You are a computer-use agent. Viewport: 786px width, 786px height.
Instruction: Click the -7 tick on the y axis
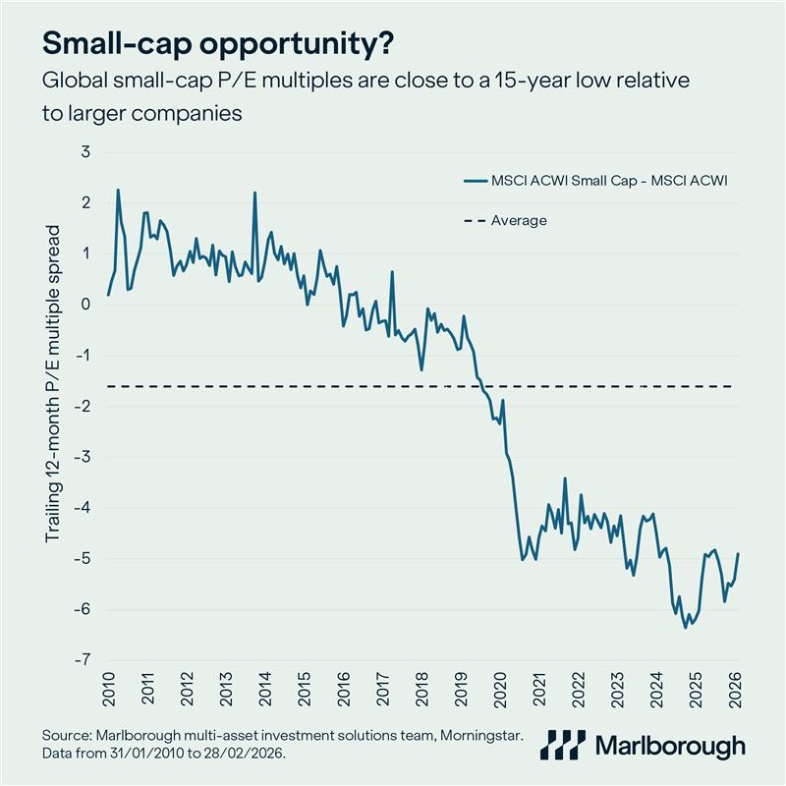click(83, 660)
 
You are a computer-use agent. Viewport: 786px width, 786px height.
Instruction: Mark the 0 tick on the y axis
click(85, 305)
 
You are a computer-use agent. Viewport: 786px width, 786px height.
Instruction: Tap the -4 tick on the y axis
click(83, 508)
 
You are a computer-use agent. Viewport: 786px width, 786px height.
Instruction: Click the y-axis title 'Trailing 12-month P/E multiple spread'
click(53, 383)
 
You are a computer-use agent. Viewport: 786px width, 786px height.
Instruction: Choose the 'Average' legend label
click(519, 220)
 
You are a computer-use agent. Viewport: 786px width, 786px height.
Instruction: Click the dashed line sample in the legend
click(476, 220)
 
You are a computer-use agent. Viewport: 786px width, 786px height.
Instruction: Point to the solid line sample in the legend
click(476, 180)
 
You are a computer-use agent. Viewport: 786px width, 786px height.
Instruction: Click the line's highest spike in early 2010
click(118, 191)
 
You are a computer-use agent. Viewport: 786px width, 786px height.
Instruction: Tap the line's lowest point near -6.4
click(685, 627)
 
